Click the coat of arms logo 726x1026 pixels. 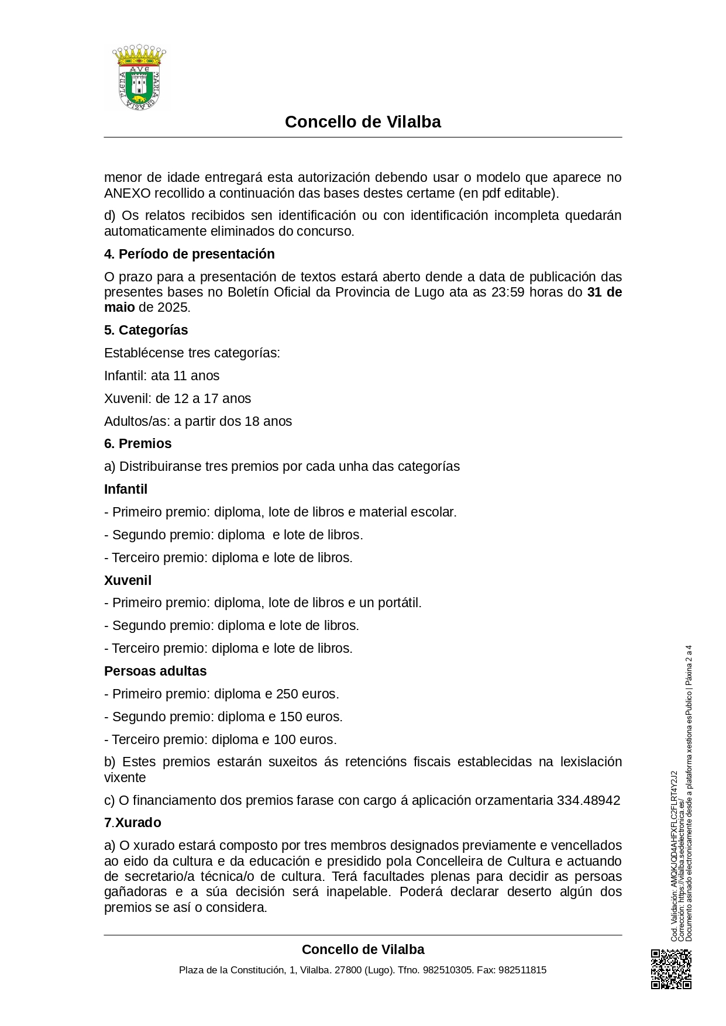coord(139,77)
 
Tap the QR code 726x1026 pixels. coord(671,969)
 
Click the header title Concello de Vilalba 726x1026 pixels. coord(363,122)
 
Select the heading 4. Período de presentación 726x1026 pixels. coord(189,254)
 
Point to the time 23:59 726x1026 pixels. coord(508,292)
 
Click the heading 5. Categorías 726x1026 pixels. coord(146,330)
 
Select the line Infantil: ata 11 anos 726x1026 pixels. coord(161,376)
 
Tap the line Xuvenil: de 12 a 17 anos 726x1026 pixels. coord(177,398)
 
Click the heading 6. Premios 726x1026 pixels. coord(137,443)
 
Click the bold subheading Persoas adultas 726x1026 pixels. coord(155,671)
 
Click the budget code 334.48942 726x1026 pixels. coord(588,800)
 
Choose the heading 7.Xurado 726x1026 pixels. coord(132,822)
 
